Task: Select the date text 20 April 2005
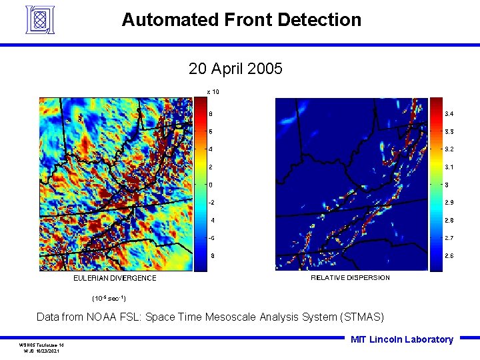pyautogui.click(x=235, y=69)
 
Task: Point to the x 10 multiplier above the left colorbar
pyautogui.click(x=213, y=91)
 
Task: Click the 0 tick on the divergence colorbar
pyautogui.click(x=211, y=185)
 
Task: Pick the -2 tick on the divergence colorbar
pyautogui.click(x=211, y=202)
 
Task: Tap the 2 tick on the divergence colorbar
pyautogui.click(x=211, y=167)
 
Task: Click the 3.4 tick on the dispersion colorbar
pyautogui.click(x=450, y=114)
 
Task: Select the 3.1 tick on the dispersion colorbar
pyautogui.click(x=450, y=167)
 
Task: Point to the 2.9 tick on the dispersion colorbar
pyautogui.click(x=450, y=202)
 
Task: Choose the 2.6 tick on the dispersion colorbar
pyautogui.click(x=450, y=255)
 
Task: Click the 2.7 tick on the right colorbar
pyautogui.click(x=450, y=238)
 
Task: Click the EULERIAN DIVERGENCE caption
pyautogui.click(x=115, y=278)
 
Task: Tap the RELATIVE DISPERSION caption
pyautogui.click(x=350, y=277)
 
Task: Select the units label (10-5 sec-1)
pyautogui.click(x=109, y=297)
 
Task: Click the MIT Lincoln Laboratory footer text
pyautogui.click(x=401, y=339)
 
